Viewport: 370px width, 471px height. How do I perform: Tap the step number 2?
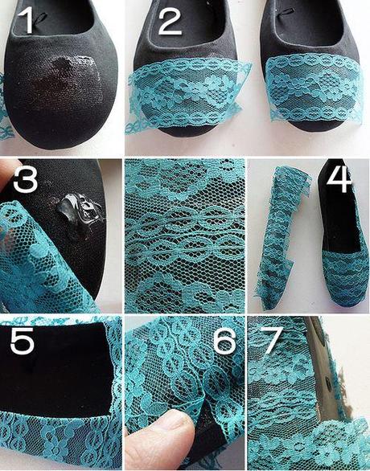point(170,20)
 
